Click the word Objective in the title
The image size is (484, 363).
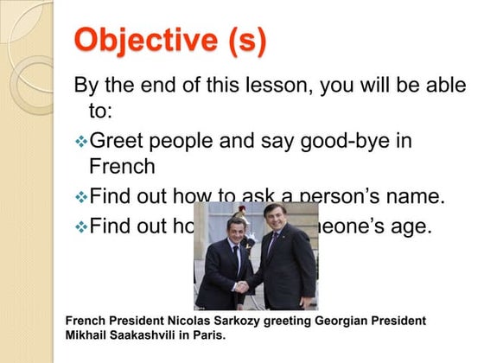[143, 41]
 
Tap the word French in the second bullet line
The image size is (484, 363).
[122, 165]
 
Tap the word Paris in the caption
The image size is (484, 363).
[208, 335]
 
